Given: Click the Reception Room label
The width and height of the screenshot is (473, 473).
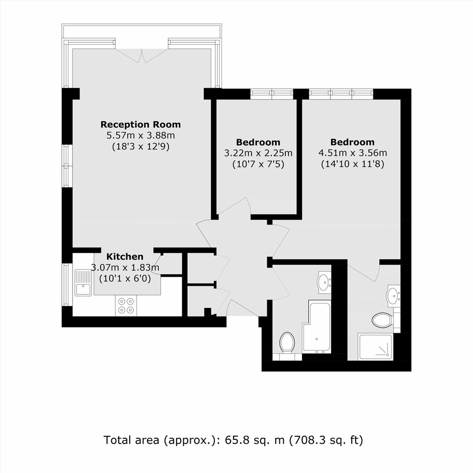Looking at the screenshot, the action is (140, 124).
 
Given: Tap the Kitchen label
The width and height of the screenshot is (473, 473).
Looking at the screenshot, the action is (125, 257).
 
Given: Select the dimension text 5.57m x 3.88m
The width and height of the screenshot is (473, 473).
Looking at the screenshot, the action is (140, 135).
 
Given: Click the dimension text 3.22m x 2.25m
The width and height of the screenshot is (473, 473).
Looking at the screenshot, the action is (258, 153).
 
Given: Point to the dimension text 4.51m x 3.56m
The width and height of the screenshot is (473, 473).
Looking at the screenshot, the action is (353, 153).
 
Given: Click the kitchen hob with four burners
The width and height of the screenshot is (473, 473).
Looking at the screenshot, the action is (126, 305).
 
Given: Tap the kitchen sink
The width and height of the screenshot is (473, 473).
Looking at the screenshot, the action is (83, 283).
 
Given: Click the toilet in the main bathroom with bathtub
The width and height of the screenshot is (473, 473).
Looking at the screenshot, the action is (287, 342).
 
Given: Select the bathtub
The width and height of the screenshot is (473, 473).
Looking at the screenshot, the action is (317, 327).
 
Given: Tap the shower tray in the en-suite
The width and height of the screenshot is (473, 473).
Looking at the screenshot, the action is (375, 347).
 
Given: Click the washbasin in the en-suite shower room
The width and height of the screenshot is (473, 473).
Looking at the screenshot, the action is (393, 296).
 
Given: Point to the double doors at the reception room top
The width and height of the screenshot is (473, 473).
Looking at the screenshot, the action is (142, 56).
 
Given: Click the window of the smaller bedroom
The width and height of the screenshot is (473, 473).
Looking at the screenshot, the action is (272, 94).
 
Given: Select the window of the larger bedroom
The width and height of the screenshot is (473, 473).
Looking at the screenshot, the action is (341, 94).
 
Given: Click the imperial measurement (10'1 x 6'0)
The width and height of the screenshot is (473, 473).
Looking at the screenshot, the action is (125, 278).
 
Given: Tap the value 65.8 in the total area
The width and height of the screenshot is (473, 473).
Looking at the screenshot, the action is (238, 440).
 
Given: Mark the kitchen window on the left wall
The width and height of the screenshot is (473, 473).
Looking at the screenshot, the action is (67, 285).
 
